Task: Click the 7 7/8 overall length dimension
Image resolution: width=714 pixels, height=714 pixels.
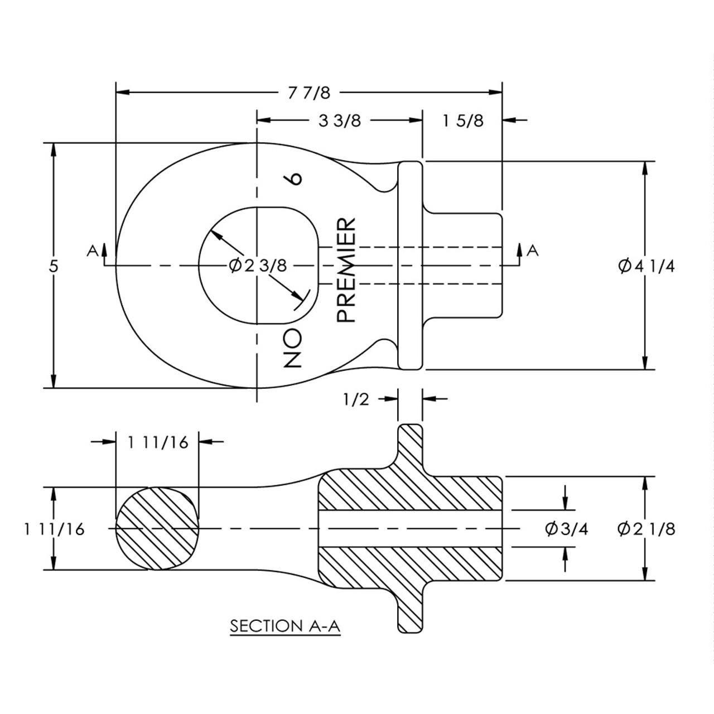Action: [310, 93]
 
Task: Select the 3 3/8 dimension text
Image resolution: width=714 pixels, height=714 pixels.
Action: [339, 120]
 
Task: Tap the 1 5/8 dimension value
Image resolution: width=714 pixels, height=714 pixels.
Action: [463, 120]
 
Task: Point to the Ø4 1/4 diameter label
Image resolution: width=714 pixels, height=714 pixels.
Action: [646, 266]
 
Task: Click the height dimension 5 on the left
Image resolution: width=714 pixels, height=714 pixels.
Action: [53, 266]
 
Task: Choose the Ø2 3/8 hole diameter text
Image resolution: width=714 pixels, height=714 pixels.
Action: [258, 265]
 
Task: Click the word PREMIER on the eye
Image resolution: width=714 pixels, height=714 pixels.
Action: [346, 270]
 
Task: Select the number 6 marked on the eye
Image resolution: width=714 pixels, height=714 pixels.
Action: [294, 178]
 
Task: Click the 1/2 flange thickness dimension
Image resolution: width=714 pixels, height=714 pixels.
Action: [356, 399]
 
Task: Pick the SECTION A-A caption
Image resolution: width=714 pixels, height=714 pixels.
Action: [285, 626]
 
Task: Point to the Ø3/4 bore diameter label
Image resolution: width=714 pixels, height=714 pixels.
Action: [566, 528]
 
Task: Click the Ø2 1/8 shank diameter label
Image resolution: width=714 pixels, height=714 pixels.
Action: [646, 528]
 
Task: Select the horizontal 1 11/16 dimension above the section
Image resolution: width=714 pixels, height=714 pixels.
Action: [158, 442]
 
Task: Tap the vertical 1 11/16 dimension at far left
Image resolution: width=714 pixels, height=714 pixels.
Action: [54, 529]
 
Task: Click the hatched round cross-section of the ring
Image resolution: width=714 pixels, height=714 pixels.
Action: [157, 528]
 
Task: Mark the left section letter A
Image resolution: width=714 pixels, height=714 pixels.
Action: [93, 250]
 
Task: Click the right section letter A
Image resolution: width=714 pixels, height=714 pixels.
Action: [533, 250]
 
